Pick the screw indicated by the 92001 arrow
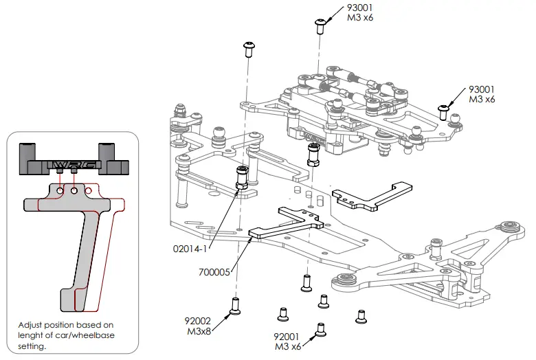pyautogui.click(x=320, y=330)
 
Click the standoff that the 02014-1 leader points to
pyautogui.click(x=242, y=178)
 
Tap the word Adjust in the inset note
pyautogui.click(x=31, y=325)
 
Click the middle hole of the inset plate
pyautogui.click(x=74, y=190)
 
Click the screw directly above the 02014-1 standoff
pyautogui.click(x=249, y=49)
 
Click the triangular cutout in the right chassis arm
pyautogui.click(x=474, y=245)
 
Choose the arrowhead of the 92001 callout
pyautogui.click(x=315, y=336)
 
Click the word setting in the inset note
pyautogui.click(x=32, y=347)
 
